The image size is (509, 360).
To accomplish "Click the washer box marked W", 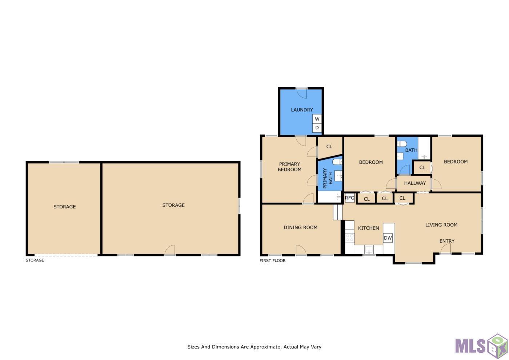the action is pos(317,119).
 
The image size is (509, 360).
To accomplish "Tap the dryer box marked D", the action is pos(317,128).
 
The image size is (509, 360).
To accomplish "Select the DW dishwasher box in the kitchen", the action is pos(388,238).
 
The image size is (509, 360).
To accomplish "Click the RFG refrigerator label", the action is pos(349,198).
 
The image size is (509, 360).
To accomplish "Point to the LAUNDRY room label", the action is pos(302,110).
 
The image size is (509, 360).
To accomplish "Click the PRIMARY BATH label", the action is pos(328,178).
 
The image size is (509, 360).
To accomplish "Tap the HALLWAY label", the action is pos(415,183).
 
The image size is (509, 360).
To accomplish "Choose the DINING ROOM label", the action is pos(300,228).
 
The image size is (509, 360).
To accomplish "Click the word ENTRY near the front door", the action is pos(447,241).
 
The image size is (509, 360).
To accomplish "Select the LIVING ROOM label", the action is pos(441,225).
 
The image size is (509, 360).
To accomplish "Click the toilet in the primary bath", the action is pos(337,162).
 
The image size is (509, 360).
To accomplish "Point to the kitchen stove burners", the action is pos(349,238).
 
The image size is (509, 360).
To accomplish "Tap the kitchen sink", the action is pos(369,249).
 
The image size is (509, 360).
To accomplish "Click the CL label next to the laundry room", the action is pos(329,147).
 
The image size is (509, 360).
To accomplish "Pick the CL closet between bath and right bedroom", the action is pos(422,168).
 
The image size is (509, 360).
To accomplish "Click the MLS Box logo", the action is pos(481,346).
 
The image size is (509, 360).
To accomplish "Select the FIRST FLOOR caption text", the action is pos(272,260).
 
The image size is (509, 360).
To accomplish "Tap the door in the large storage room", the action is pos(170,250).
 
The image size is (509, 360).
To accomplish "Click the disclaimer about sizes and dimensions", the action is pos(254,347).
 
